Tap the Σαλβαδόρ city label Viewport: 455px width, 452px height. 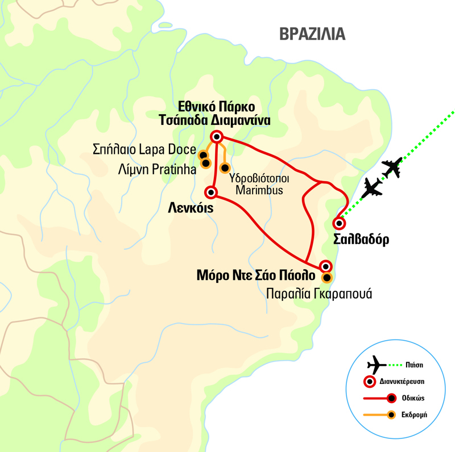coord(362,239)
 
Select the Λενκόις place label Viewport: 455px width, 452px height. coord(191,208)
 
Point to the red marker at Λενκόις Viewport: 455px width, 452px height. coord(212,192)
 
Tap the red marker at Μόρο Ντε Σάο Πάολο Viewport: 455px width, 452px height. coord(325,265)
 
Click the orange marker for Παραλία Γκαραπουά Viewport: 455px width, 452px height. coord(326,278)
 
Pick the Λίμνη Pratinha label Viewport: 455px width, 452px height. coord(157,169)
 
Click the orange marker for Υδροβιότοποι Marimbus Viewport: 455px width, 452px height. coord(225,168)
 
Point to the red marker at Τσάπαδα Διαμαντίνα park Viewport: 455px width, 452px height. coord(216,136)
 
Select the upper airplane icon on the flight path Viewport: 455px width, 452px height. coord(392,168)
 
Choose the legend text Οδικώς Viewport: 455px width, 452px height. coord(415,398)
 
